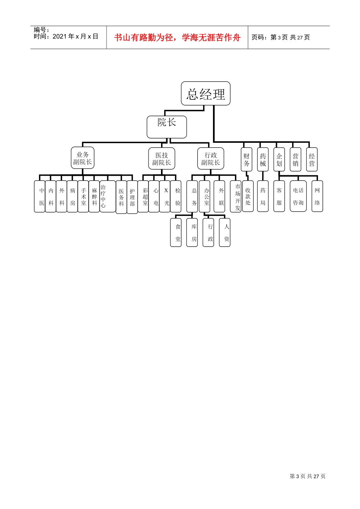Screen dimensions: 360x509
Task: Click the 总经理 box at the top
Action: [206, 94]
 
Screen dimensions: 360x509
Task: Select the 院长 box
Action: [167, 127]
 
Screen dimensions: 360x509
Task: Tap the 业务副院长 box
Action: [83, 158]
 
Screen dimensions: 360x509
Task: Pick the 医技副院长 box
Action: [162, 158]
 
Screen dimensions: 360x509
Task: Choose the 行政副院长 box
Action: [211, 158]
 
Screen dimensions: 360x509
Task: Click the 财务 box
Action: [247, 159]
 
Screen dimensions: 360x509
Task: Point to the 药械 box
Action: [263, 159]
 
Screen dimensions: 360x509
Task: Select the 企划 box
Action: [279, 159]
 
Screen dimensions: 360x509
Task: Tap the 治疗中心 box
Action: [108, 196]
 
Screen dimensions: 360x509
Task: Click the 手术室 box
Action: [83, 196]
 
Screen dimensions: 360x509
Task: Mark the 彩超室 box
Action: [143, 196]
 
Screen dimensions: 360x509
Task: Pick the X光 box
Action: [165, 196]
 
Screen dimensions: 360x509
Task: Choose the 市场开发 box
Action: [236, 196]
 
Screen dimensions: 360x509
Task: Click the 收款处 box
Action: [248, 196]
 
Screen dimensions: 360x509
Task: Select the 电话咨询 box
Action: [298, 196]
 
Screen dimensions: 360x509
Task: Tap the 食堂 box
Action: [176, 233]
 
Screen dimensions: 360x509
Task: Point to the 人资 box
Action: [225, 233]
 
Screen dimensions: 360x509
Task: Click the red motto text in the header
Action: [177, 37]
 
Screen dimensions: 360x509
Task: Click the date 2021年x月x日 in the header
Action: [75, 36]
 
